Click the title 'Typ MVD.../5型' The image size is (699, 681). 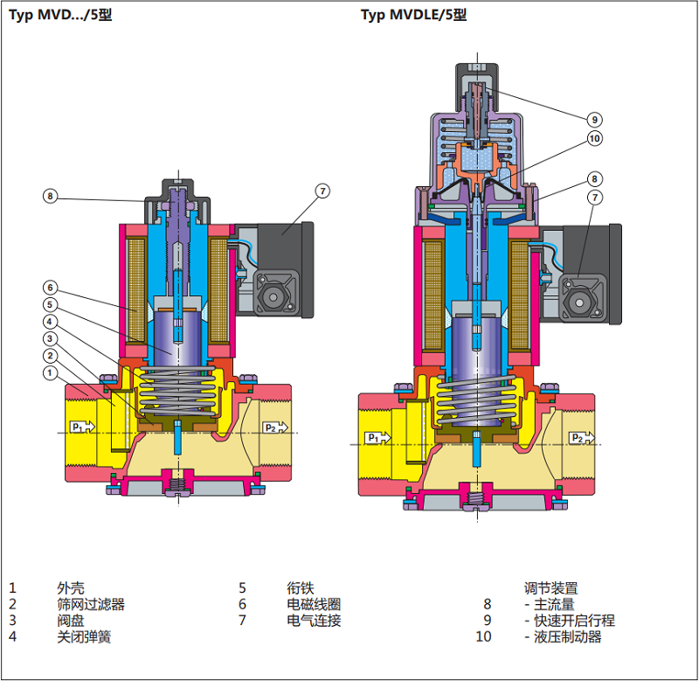click(60, 15)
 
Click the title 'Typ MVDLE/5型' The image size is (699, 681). click(413, 15)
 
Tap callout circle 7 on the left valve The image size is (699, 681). click(322, 191)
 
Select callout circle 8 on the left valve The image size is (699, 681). click(51, 196)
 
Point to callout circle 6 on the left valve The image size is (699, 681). click(51, 288)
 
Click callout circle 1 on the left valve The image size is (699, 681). click(51, 372)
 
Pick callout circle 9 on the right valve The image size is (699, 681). click(595, 120)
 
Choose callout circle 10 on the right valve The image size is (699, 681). click(595, 139)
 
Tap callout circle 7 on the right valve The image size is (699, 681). click(595, 197)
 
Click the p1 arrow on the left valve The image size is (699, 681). click(82, 427)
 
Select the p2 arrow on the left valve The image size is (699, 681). click(275, 427)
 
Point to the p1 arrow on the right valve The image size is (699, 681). click(377, 438)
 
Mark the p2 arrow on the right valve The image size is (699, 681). click(582, 438)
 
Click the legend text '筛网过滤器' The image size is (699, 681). click(91, 604)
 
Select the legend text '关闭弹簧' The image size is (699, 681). click(84, 636)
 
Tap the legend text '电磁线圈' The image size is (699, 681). click(314, 604)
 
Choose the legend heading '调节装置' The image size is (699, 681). click(551, 588)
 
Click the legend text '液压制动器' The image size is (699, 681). click(568, 636)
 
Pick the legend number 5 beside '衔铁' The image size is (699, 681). click(242, 588)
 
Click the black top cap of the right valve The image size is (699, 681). click(477, 87)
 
